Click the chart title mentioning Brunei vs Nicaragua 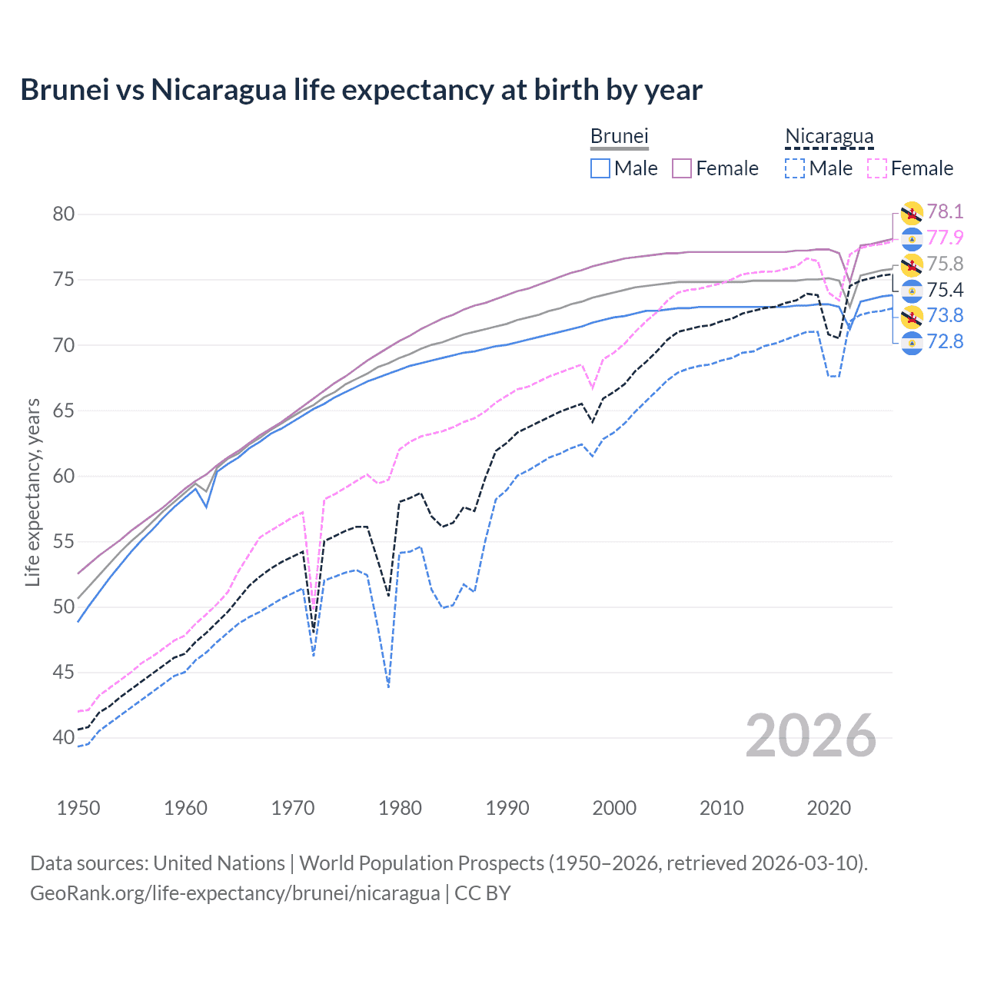[x=361, y=90]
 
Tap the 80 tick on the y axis [x=64, y=214]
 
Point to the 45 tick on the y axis [x=64, y=672]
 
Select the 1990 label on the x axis [x=507, y=808]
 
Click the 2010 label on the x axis [x=721, y=808]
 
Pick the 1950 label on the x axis [x=78, y=808]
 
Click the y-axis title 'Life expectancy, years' [x=32, y=492]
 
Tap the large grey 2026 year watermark [x=810, y=736]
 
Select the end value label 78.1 [x=945, y=211]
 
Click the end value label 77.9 [x=945, y=238]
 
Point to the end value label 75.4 [x=945, y=290]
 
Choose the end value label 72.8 [x=945, y=341]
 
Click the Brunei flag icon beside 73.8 [x=912, y=316]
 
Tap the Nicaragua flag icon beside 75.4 [x=912, y=291]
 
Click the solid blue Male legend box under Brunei [x=600, y=168]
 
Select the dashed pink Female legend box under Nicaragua [x=877, y=168]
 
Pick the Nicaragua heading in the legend [x=829, y=137]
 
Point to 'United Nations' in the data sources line [x=219, y=863]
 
